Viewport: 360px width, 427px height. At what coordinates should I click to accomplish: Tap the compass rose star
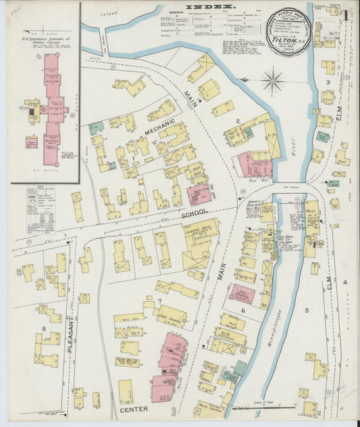pos(273,82)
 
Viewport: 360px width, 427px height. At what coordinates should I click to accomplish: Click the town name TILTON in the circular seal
pos(284,39)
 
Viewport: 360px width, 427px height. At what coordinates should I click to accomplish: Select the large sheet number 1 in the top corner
pos(344,15)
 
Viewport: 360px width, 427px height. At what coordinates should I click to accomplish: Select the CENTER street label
pos(134,409)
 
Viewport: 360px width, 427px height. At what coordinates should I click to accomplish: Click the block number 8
pos(45,329)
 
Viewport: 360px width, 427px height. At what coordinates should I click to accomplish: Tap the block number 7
pos(159,301)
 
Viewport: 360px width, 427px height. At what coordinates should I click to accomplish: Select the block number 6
pos(242,310)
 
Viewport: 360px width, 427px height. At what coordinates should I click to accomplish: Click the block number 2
pos(238,121)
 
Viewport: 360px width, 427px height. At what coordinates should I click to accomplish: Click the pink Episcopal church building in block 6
pos(241,294)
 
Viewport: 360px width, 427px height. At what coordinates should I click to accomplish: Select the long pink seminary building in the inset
pos(51,108)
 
